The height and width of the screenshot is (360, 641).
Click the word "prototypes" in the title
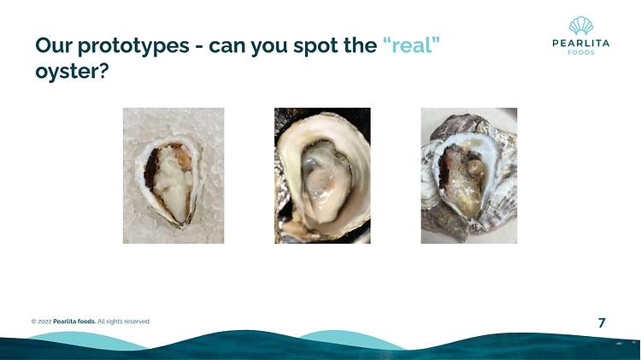point(132,46)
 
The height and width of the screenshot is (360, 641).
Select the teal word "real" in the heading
point(412,45)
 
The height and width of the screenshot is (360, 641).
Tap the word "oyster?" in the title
point(72,72)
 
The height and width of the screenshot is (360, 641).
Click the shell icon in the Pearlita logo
point(581,27)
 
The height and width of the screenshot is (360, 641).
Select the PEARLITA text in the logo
point(581,43)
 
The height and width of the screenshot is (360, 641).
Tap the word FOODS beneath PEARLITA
point(581,52)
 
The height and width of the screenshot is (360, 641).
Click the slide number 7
point(602,322)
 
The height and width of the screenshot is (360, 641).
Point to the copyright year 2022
point(45,322)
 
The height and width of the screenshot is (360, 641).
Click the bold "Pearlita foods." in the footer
point(74,322)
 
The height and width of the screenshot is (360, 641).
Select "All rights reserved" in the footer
point(123,322)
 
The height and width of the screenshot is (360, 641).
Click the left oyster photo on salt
point(173,175)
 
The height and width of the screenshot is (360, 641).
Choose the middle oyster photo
point(322,175)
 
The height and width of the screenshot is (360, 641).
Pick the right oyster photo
point(469,175)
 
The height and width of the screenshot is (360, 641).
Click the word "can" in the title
point(227,46)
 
